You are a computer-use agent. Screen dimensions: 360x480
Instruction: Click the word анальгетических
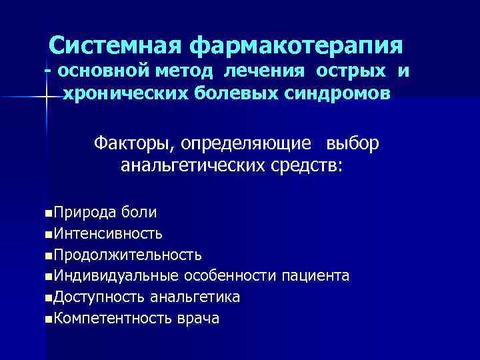click(x=189, y=164)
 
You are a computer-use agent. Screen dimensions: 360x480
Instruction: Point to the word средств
click(x=305, y=164)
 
